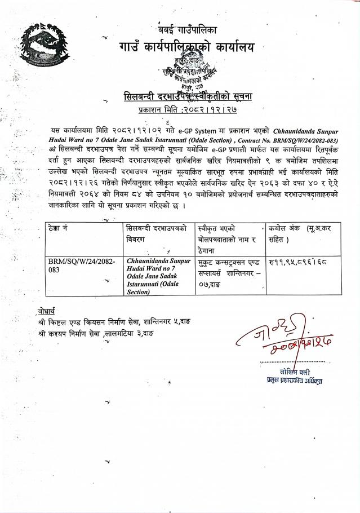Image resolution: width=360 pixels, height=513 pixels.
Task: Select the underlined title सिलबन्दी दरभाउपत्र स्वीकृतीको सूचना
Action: tap(188, 96)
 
